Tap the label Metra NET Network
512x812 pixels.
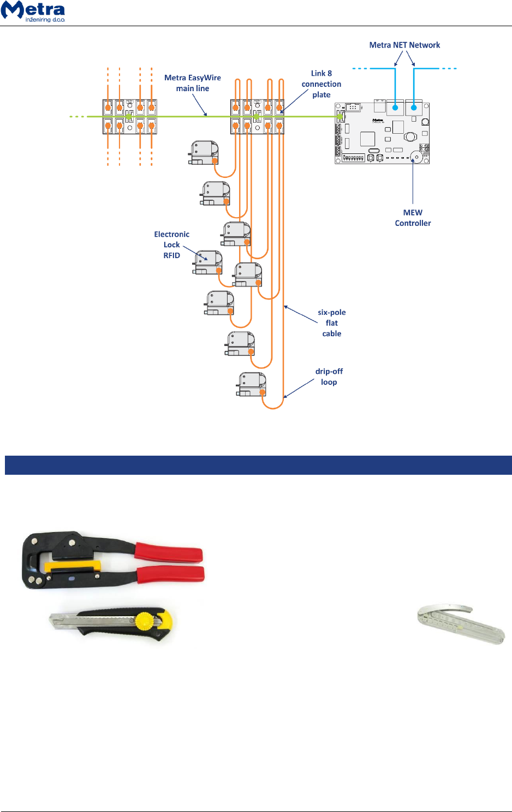(404, 45)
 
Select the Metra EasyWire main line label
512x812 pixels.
(193, 83)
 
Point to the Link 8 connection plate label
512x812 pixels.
(322, 84)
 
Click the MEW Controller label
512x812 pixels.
(413, 218)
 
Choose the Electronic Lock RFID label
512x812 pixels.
(171, 244)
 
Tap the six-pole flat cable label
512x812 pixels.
(331, 323)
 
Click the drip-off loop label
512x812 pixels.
(329, 377)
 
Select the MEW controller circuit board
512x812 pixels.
(382, 133)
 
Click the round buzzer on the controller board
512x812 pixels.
(416, 157)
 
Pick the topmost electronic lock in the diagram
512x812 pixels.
(204, 152)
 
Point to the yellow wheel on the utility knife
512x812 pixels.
(143, 621)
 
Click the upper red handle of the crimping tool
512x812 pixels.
(169, 552)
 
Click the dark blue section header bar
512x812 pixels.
(258, 465)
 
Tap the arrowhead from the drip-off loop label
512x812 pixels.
(285, 397)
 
